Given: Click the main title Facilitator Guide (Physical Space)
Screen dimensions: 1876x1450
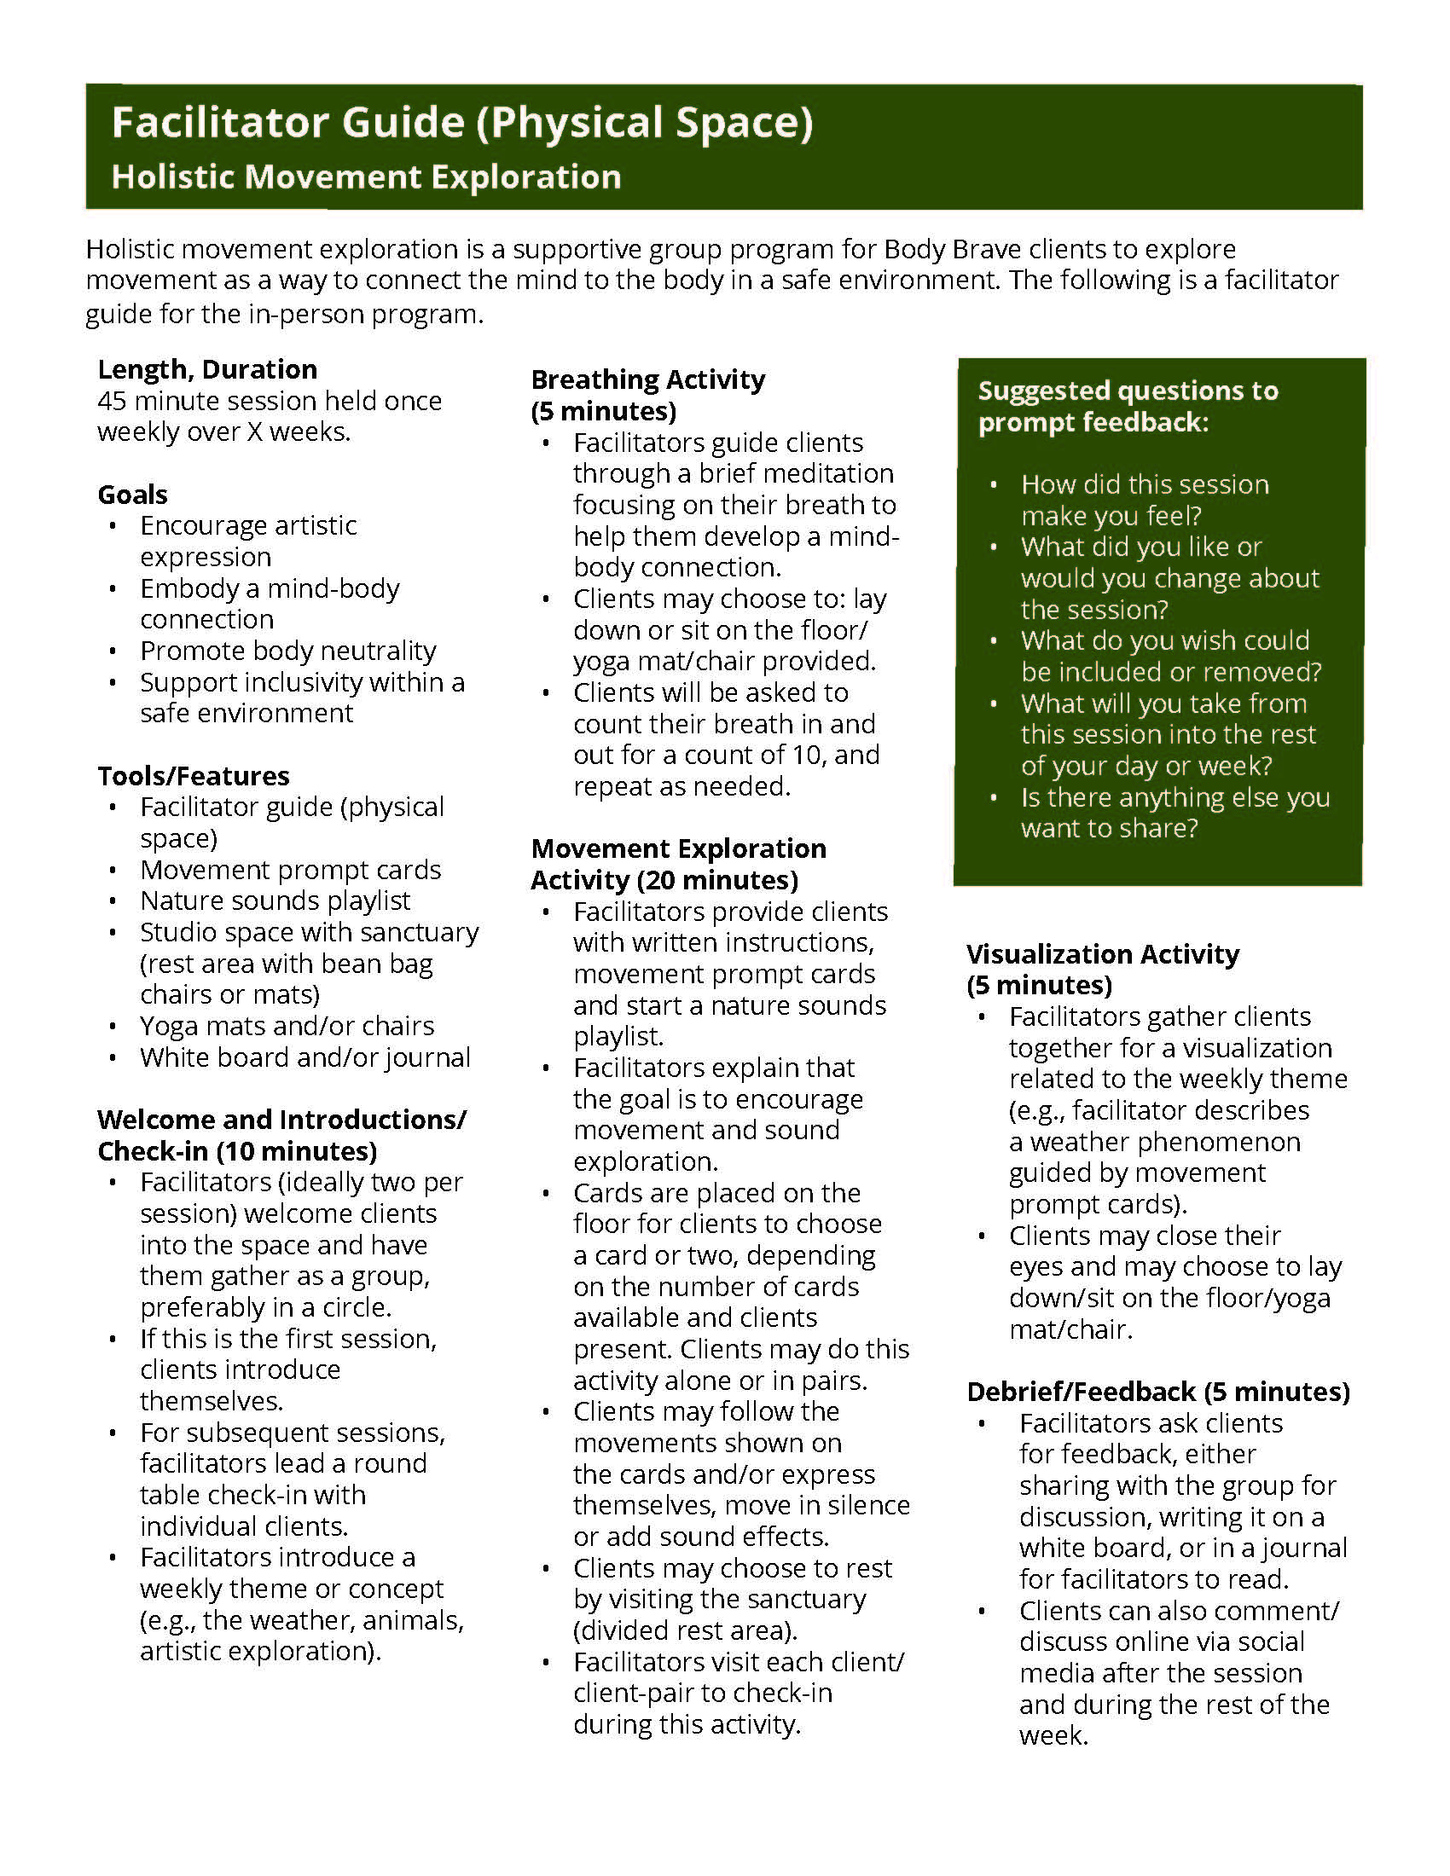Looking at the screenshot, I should (462, 123).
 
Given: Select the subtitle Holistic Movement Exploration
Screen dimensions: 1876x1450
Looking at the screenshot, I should (366, 177).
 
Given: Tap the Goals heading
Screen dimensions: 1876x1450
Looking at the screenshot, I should (132, 495).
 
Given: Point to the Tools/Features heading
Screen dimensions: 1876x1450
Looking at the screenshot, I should (194, 776).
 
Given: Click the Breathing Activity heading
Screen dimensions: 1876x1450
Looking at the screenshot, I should (647, 379).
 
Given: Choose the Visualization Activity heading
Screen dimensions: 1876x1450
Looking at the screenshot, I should (1102, 954).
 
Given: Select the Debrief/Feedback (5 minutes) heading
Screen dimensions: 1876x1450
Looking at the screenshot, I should (1158, 1392).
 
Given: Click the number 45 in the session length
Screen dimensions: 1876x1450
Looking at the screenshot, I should (113, 401).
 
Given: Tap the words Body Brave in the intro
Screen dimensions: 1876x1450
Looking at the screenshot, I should (953, 249).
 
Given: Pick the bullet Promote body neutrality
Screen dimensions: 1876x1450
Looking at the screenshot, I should (287, 651).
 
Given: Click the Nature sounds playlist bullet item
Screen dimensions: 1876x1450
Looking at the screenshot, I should (275, 900).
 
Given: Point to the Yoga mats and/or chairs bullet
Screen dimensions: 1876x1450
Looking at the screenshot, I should (287, 1026).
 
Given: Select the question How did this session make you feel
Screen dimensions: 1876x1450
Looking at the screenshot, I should (1144, 500).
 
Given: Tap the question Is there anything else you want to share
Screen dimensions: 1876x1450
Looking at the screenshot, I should (1174, 813).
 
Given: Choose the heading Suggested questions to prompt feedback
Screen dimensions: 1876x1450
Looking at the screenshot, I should (1127, 406).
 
